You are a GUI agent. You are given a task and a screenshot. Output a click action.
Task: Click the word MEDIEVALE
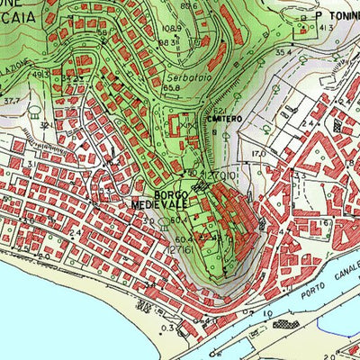[158, 205]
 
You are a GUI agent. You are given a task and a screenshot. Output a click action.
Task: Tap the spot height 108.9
[172, 30]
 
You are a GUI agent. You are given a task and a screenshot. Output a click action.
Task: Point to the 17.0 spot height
[259, 154]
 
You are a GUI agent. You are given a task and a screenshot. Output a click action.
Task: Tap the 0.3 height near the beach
[168, 328]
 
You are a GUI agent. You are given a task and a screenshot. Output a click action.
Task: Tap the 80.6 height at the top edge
[187, 6]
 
